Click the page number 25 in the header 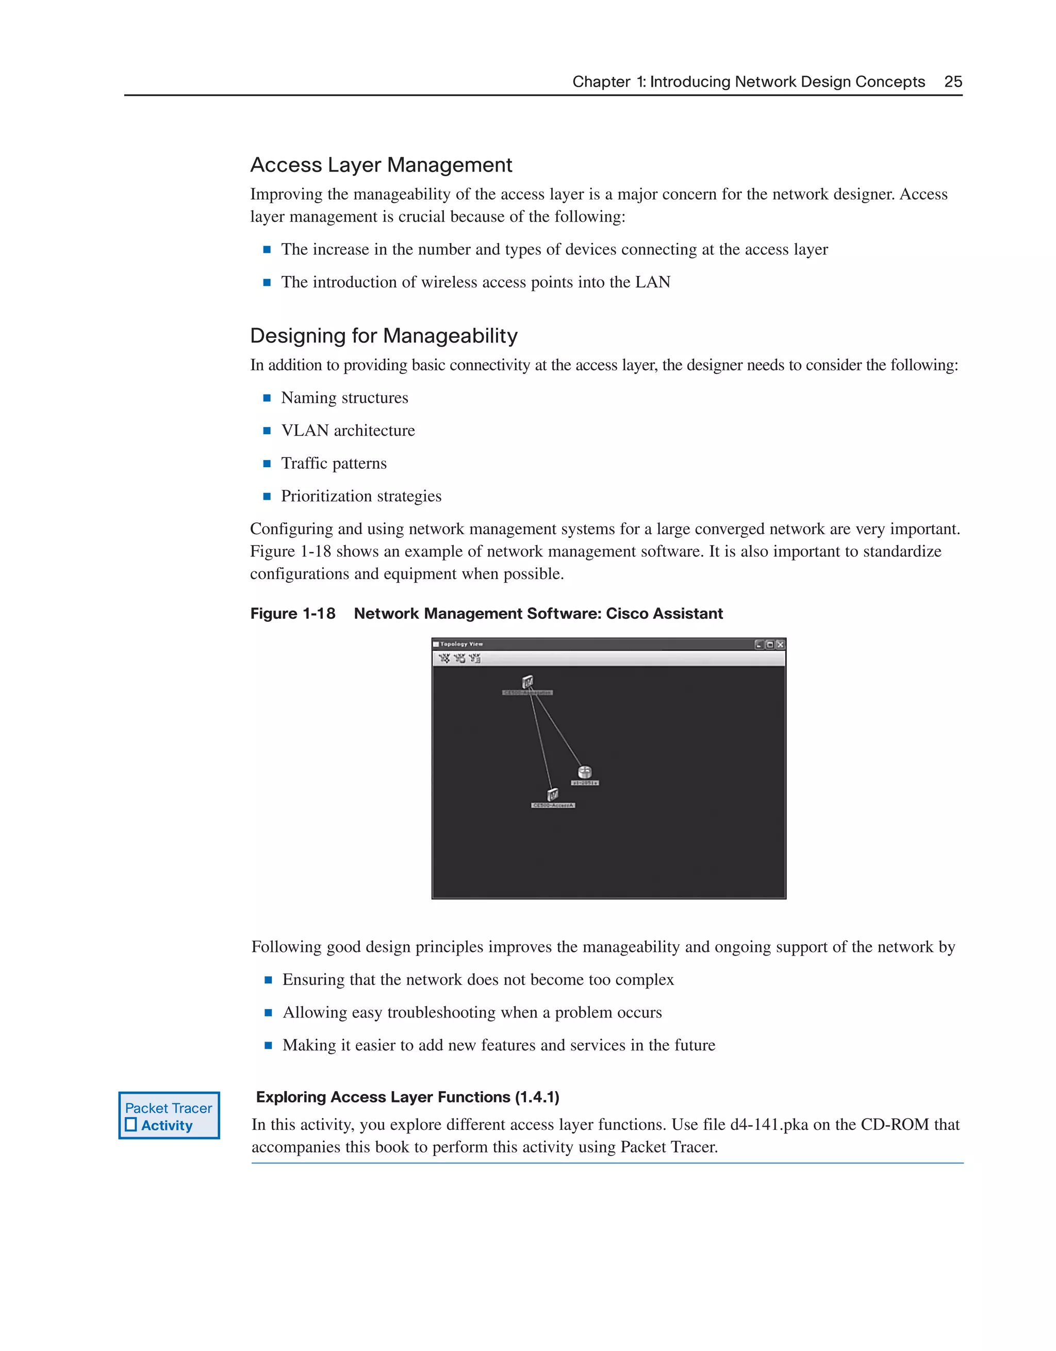pos(953,81)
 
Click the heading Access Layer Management pos(381,165)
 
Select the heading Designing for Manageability pos(384,336)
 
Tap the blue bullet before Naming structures pos(267,399)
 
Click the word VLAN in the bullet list pos(304,431)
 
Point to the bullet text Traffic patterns pos(334,464)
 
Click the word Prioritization pos(326,496)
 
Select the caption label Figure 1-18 pos(292,614)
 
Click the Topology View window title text pos(461,644)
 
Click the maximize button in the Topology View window pos(770,645)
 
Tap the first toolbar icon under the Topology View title pos(444,658)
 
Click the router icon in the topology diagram pos(585,772)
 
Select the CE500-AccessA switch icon pos(552,794)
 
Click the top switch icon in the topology pos(527,682)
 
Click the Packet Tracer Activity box pos(169,1115)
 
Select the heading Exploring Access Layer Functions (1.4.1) pos(408,1097)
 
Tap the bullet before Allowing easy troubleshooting pos(269,1013)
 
